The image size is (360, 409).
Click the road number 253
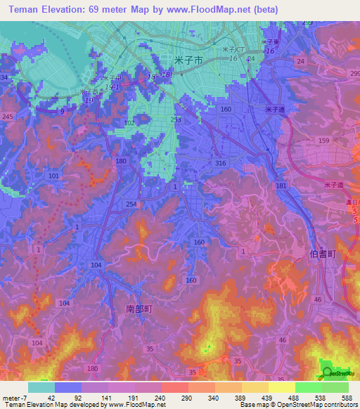(x=176, y=120)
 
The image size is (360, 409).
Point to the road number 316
(x=221, y=163)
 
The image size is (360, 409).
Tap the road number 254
(x=131, y=204)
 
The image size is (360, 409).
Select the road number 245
(x=8, y=117)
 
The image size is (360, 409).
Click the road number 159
(x=323, y=141)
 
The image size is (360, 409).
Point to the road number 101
(x=54, y=175)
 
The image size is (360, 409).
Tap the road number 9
(x=62, y=111)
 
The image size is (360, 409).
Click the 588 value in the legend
(x=346, y=398)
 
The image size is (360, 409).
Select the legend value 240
(x=160, y=398)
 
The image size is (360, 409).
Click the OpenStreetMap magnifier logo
(x=328, y=373)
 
